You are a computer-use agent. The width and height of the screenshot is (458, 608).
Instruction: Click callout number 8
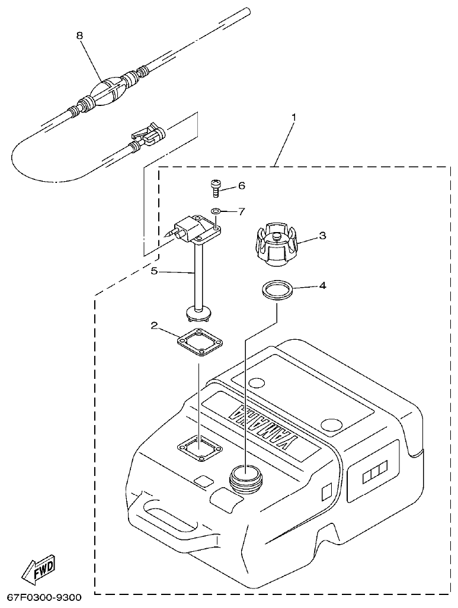[x=79, y=36]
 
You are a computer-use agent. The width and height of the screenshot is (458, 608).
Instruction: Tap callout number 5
[x=154, y=272]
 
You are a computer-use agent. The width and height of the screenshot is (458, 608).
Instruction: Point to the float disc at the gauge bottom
[x=198, y=310]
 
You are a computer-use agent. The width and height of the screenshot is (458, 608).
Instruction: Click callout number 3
[x=322, y=236]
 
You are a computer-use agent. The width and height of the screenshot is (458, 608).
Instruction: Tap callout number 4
[x=322, y=285]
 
